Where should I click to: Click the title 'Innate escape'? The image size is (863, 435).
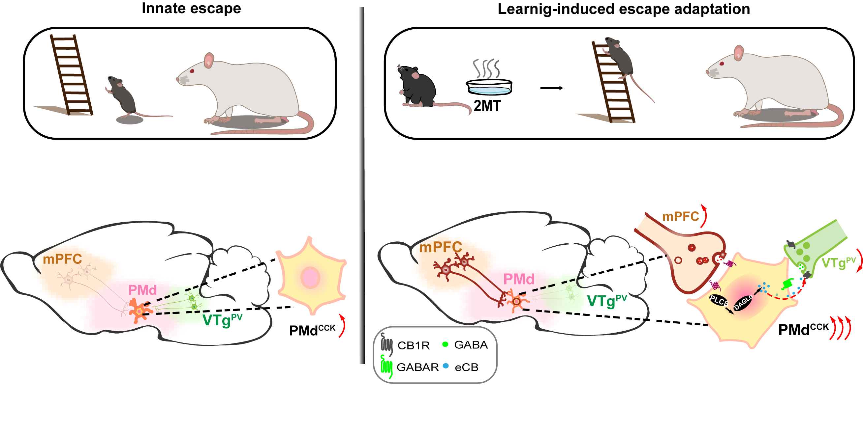191,8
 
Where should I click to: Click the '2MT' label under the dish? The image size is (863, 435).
487,106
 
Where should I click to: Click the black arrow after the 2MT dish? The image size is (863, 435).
551,88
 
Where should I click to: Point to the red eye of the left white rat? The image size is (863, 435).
192,71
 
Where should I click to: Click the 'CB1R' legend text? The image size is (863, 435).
414,346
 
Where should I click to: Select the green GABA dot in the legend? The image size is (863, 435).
445,344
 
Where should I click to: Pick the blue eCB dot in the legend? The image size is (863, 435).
446,366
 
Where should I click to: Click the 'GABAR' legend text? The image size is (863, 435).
417,367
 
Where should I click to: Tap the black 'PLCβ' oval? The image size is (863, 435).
718,300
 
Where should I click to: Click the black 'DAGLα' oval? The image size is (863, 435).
742,303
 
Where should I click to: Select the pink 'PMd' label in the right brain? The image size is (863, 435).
519,279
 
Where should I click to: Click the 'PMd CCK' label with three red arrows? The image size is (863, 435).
803,330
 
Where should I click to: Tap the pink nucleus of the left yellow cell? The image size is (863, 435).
310,277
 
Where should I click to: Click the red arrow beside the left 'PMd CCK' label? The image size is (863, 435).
342,325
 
